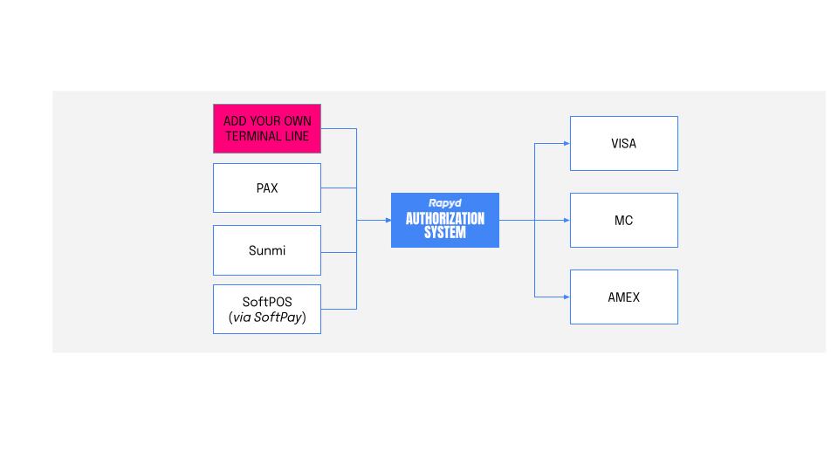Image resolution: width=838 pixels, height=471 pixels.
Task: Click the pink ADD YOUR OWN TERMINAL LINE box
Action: point(267,128)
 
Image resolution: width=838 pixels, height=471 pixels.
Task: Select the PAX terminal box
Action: point(267,188)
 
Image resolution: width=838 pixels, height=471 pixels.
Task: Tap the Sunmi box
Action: point(267,250)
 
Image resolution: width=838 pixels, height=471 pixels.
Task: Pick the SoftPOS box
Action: point(267,309)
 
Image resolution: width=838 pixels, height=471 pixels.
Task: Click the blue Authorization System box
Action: point(444,220)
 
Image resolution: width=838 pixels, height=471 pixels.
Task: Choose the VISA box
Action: point(623,143)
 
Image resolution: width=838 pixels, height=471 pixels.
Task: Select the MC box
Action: point(623,220)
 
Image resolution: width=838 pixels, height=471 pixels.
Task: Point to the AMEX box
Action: point(623,297)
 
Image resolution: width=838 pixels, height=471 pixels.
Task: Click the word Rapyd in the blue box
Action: point(444,203)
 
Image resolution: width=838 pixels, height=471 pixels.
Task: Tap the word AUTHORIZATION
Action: point(444,218)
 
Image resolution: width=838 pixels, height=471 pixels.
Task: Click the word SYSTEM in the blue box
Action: point(444,233)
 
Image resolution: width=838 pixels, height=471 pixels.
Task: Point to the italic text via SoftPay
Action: point(267,317)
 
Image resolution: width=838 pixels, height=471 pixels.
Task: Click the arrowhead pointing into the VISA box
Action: point(566,143)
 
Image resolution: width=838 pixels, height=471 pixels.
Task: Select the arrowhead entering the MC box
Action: point(566,220)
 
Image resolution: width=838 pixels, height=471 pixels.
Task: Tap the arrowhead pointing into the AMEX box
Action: point(566,297)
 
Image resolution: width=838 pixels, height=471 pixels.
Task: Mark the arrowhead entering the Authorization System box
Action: point(387,220)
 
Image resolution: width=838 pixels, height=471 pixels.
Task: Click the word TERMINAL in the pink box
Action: point(251,136)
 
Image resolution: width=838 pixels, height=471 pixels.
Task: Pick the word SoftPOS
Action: point(267,302)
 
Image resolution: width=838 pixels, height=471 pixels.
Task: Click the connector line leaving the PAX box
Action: point(339,188)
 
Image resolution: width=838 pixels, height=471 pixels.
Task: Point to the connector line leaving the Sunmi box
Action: point(339,252)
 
